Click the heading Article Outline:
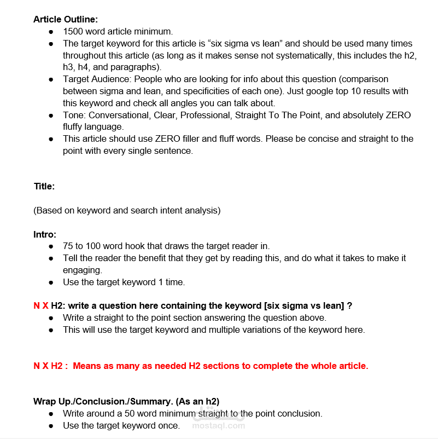pyautogui.click(x=66, y=19)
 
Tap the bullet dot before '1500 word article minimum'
pyautogui.click(x=51, y=32)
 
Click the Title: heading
pyautogui.click(x=44, y=186)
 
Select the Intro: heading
pyautogui.click(x=45, y=234)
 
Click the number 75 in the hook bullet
pyautogui.click(x=68, y=246)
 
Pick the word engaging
pyautogui.click(x=83, y=270)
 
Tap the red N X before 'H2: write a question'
pyautogui.click(x=41, y=305)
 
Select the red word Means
pyautogui.click(x=86, y=366)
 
